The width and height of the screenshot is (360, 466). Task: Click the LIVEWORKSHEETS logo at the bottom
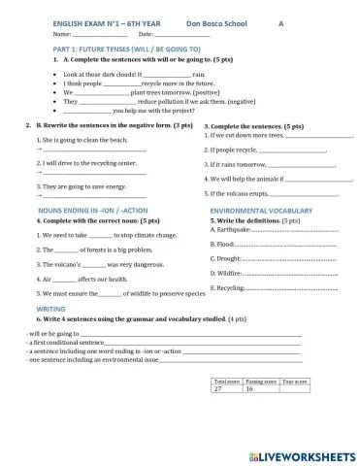301,454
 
